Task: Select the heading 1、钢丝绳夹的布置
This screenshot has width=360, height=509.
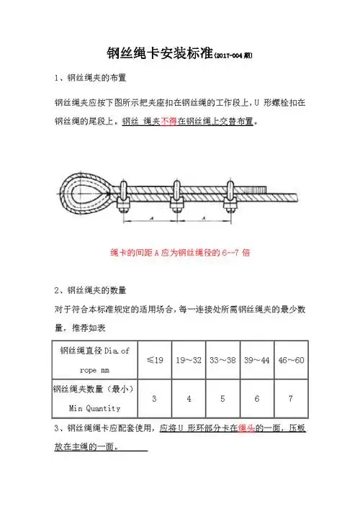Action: (92, 78)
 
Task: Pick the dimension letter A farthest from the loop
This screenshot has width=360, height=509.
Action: (202, 217)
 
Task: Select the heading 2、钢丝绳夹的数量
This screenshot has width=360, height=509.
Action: (91, 290)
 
